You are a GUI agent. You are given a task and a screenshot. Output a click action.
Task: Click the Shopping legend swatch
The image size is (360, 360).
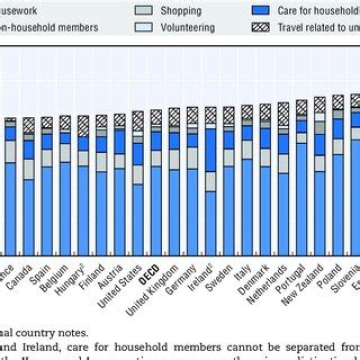(x=144, y=10)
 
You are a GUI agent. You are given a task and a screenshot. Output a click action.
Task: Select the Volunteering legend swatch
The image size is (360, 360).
(x=144, y=27)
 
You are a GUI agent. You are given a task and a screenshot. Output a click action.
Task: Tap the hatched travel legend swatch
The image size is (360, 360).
(x=262, y=27)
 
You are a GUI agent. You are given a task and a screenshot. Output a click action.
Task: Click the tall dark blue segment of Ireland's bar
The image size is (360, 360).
(x=210, y=150)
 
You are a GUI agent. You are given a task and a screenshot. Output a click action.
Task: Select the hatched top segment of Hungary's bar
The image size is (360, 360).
(x=83, y=126)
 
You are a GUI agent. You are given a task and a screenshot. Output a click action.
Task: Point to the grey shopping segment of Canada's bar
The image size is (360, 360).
(x=29, y=169)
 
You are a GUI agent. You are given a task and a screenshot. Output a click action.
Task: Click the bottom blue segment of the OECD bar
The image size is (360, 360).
(x=156, y=210)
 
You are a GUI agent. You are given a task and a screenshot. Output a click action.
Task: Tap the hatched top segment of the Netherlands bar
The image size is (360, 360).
(x=283, y=114)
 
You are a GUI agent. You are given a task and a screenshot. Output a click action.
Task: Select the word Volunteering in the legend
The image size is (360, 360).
(x=187, y=27)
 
